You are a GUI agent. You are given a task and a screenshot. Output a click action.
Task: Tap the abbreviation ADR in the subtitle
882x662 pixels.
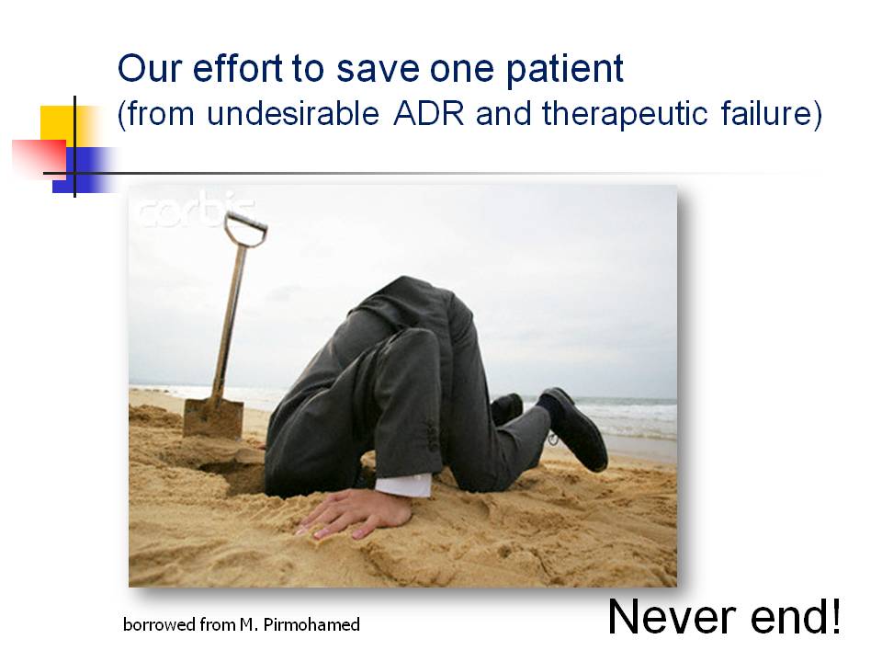tap(429, 114)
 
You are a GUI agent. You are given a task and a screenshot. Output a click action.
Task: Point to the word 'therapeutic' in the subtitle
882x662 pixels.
tap(625, 115)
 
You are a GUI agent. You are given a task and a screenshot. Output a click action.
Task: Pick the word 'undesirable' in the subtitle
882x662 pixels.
tap(293, 114)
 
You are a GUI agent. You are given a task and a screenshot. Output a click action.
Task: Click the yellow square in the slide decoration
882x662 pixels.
tap(61, 124)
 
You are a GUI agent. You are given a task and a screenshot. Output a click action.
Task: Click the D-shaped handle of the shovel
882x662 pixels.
tap(245, 229)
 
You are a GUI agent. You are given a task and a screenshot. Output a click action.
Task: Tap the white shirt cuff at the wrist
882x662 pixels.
tap(403, 485)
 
